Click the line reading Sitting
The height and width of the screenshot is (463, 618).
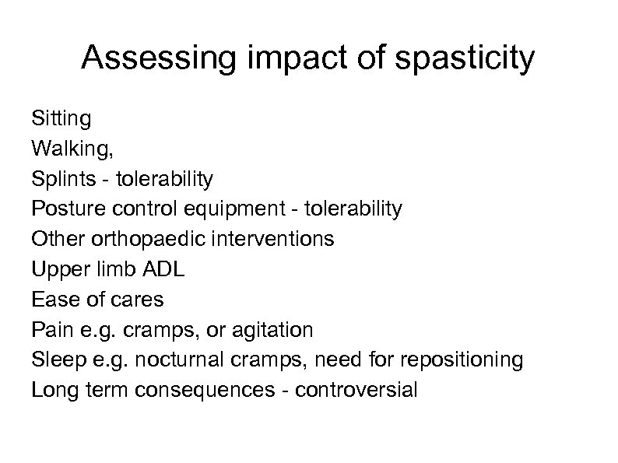click(61, 119)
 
